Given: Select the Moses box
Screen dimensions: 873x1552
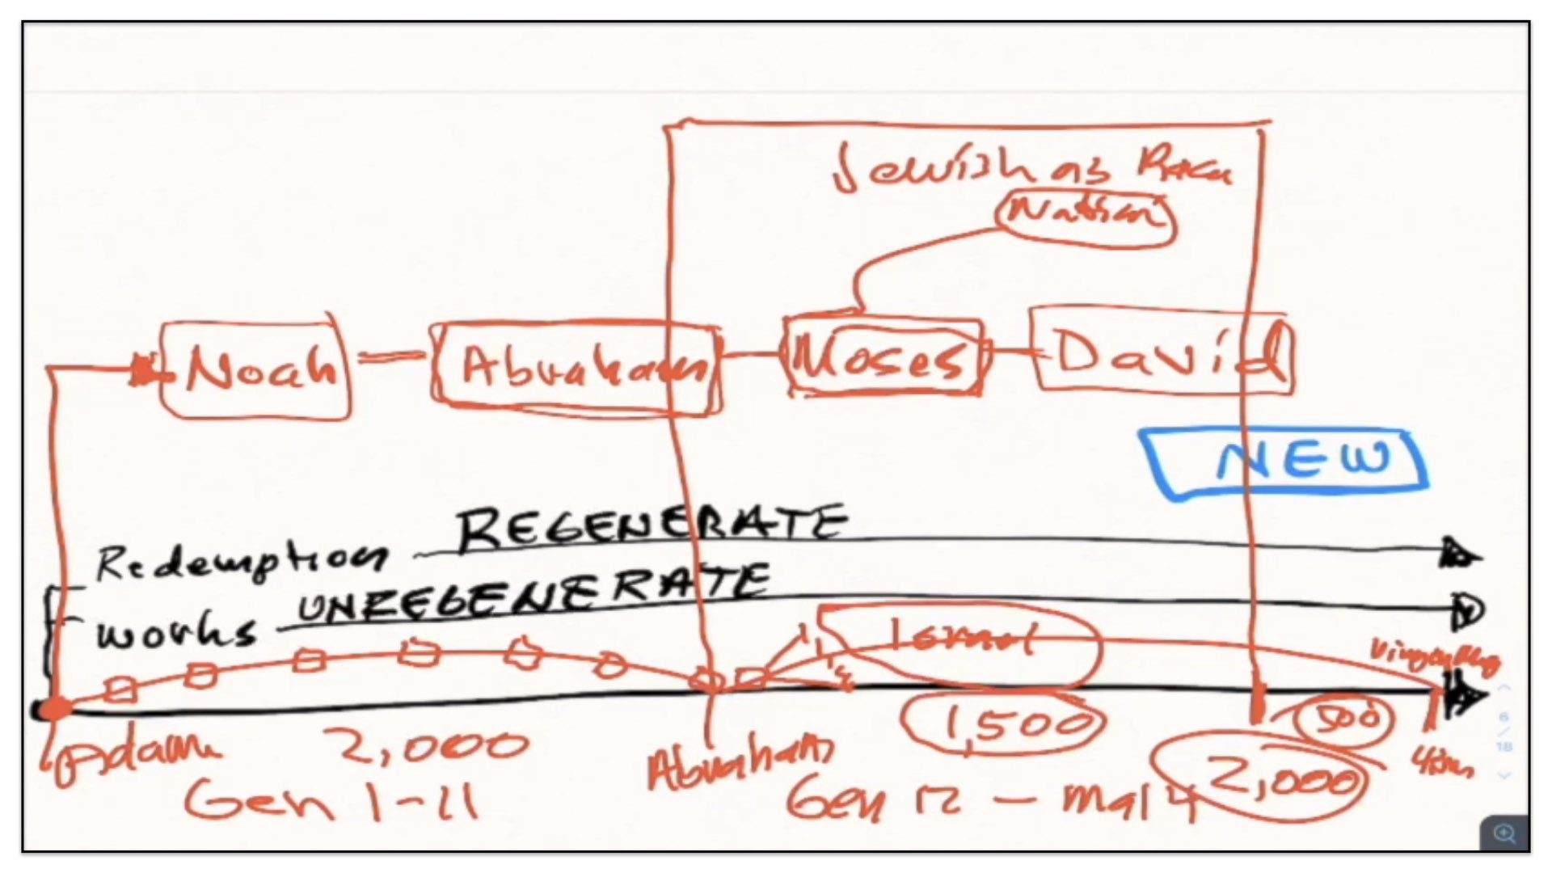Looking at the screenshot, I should tap(884, 356).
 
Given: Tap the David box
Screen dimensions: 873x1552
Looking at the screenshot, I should tap(1162, 352).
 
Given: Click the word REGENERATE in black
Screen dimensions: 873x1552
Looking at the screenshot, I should tap(652, 528).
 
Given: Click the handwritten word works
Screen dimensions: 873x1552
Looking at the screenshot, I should tap(176, 631).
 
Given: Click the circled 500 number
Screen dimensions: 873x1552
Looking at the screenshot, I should tap(1344, 718).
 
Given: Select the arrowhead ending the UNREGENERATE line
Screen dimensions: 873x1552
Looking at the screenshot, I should tap(1466, 609).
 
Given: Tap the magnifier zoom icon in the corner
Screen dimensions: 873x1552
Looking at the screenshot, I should tap(1504, 833).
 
